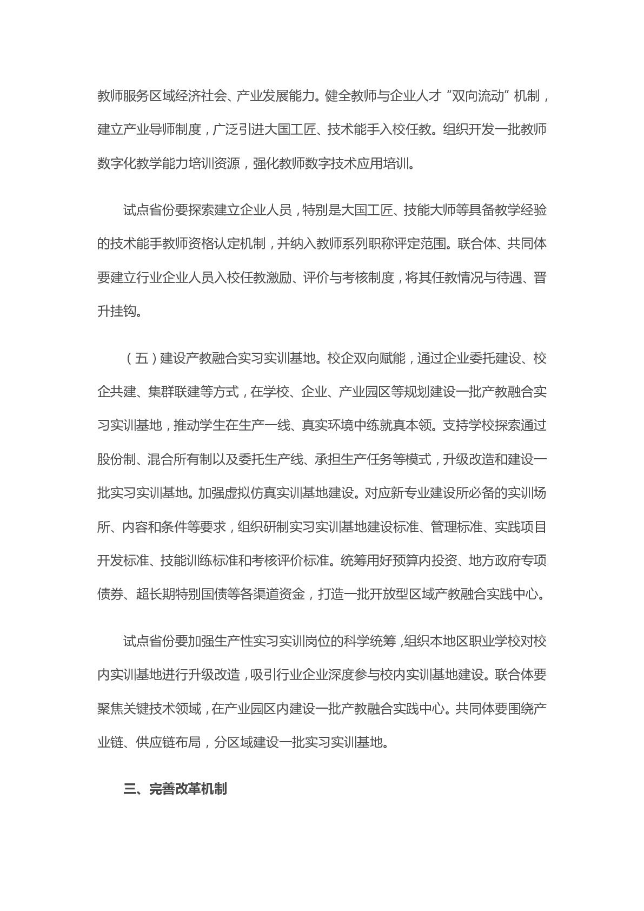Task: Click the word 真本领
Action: click(x=409, y=425)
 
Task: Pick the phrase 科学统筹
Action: click(x=371, y=641)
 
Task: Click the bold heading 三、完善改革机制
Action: click(x=175, y=789)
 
